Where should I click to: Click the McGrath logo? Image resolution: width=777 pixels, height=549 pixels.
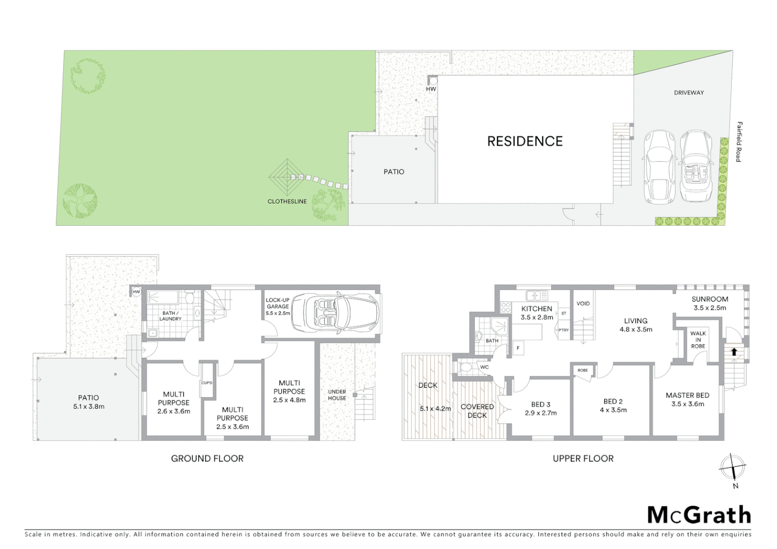699,515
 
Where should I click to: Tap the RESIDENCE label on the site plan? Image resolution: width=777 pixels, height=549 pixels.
525,141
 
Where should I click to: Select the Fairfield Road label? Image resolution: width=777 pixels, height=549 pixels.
738,142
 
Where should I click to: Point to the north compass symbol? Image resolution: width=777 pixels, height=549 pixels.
733,467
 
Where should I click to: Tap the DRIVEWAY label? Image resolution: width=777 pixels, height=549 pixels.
689,93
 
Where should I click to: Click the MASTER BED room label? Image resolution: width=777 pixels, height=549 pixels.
688,395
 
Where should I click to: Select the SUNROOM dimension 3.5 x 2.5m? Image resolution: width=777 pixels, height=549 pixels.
710,308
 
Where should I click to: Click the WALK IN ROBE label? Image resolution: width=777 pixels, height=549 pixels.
698,340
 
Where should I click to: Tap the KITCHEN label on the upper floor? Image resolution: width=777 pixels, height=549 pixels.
536,309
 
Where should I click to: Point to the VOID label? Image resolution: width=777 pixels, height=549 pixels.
583,303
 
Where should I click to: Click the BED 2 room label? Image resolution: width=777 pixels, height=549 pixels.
613,401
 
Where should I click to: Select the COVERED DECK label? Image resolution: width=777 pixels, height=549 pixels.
477,411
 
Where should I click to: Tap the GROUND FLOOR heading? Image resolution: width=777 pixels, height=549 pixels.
207,459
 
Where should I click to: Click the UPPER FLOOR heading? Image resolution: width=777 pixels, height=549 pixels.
583,459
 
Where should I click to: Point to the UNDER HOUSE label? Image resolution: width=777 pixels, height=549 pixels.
337,395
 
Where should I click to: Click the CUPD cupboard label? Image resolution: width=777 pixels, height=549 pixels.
207,383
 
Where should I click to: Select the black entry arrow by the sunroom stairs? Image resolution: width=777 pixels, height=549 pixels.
734,351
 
